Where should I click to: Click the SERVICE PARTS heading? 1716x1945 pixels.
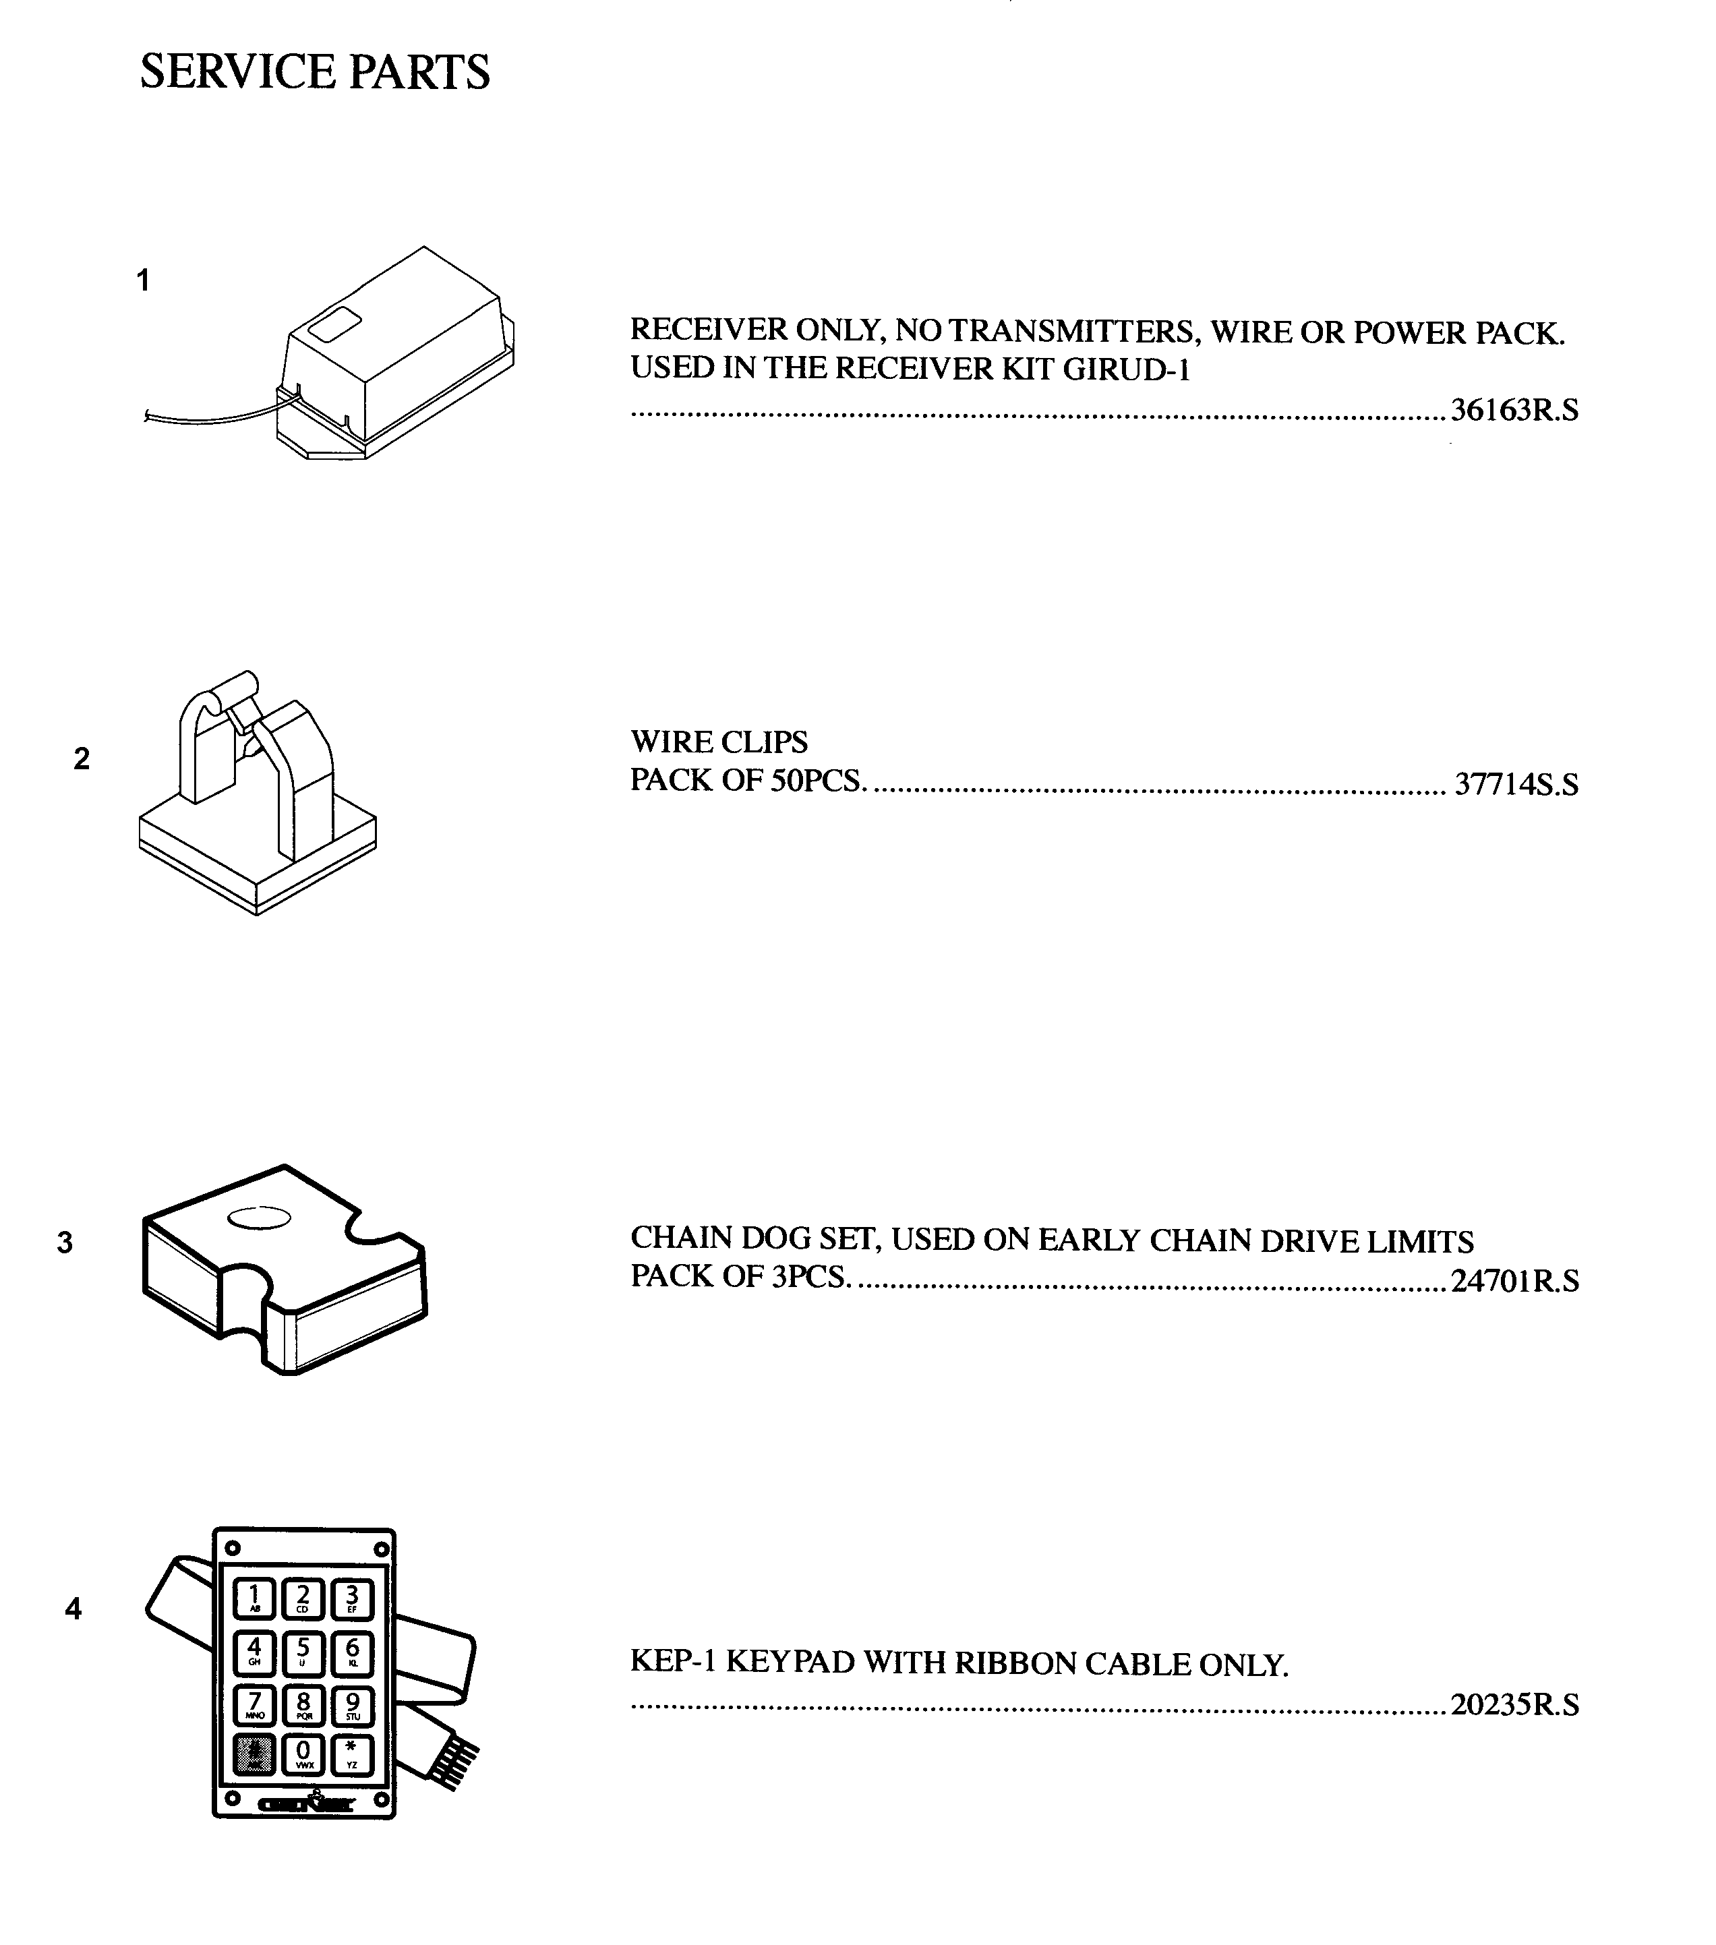(x=314, y=72)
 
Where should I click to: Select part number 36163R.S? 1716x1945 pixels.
(x=1513, y=410)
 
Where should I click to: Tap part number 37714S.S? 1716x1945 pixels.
(x=1515, y=784)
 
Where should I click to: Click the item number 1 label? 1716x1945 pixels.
(x=143, y=280)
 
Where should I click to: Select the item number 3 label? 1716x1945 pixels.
(x=65, y=1243)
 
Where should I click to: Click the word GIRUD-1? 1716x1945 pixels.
(x=1126, y=369)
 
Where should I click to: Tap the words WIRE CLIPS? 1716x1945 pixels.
(x=719, y=742)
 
